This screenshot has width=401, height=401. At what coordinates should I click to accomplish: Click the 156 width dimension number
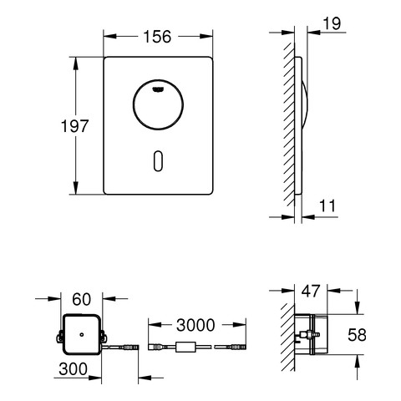point(157,37)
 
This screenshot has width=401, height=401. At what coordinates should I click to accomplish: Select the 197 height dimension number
point(74,126)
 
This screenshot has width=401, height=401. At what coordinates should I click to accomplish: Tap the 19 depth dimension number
point(332,23)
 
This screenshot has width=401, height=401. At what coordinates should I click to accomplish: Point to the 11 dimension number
point(327,206)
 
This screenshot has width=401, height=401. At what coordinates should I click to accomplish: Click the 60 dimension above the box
point(81,300)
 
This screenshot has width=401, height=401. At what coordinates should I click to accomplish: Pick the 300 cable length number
point(73,369)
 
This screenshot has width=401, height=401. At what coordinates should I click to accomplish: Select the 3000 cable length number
point(195,325)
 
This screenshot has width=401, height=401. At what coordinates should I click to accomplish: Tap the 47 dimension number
point(311,291)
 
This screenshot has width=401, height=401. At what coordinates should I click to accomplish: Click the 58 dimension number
point(357,335)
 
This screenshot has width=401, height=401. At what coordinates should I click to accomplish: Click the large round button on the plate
point(158,104)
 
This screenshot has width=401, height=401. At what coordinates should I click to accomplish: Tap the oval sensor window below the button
point(158,161)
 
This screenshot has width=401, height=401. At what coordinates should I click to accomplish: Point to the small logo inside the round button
point(158,89)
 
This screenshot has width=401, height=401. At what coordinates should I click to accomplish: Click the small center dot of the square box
point(82,334)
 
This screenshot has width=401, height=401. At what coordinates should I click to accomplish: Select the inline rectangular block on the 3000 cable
point(185,348)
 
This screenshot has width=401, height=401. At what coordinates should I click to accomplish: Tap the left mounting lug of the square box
point(59,336)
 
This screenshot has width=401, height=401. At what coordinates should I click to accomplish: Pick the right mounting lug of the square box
point(104,336)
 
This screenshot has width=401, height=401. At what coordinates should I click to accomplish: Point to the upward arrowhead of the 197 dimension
point(75,63)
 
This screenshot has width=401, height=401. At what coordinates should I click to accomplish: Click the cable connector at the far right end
point(237,347)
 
